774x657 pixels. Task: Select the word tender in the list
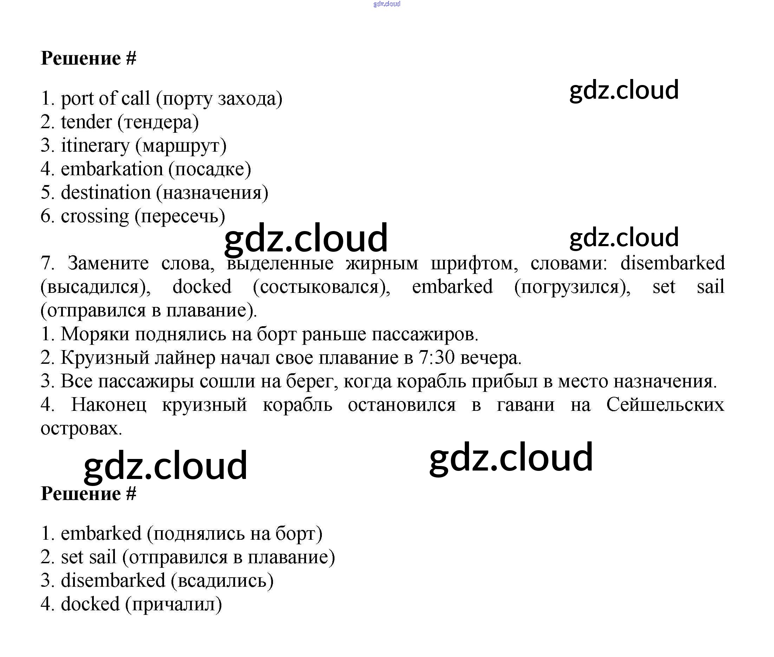(x=86, y=122)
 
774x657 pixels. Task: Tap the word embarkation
(x=112, y=170)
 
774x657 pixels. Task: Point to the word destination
(x=105, y=193)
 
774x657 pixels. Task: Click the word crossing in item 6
(x=95, y=216)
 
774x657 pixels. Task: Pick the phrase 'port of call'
(x=105, y=99)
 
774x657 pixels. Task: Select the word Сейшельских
(x=665, y=405)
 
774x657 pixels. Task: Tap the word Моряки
(x=95, y=334)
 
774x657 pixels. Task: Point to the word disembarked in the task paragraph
(x=672, y=263)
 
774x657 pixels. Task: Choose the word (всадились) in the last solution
(x=222, y=580)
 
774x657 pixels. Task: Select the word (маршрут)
(x=181, y=146)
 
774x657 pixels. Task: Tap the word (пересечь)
(x=180, y=216)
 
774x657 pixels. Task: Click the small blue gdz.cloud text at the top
(x=386, y=4)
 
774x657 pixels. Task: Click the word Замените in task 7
(x=108, y=263)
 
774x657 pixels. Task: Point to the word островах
(x=81, y=428)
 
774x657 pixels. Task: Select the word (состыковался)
(x=321, y=287)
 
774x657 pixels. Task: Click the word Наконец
(x=109, y=405)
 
